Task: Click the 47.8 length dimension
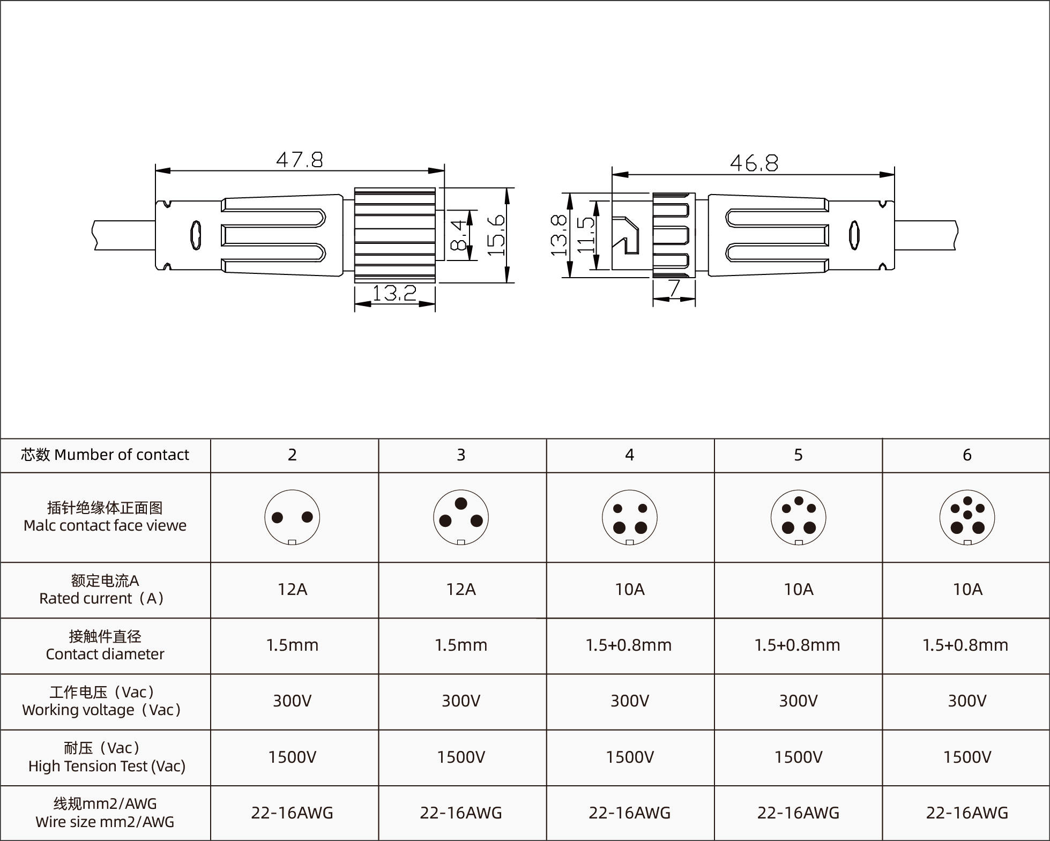[x=300, y=160]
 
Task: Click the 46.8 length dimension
[x=754, y=163]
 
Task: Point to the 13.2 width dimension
[x=394, y=293]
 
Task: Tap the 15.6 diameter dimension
[x=496, y=235]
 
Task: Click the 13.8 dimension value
[x=559, y=235]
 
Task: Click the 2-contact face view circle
[x=292, y=517]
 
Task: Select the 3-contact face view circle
[x=461, y=517]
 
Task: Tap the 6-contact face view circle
[x=967, y=517]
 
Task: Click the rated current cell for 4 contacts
[x=630, y=590]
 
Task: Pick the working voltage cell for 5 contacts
[x=798, y=701]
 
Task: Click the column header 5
[x=798, y=455]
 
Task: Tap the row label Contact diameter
[x=105, y=654]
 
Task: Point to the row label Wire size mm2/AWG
[x=105, y=822]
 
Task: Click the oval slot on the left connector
[x=196, y=235]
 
